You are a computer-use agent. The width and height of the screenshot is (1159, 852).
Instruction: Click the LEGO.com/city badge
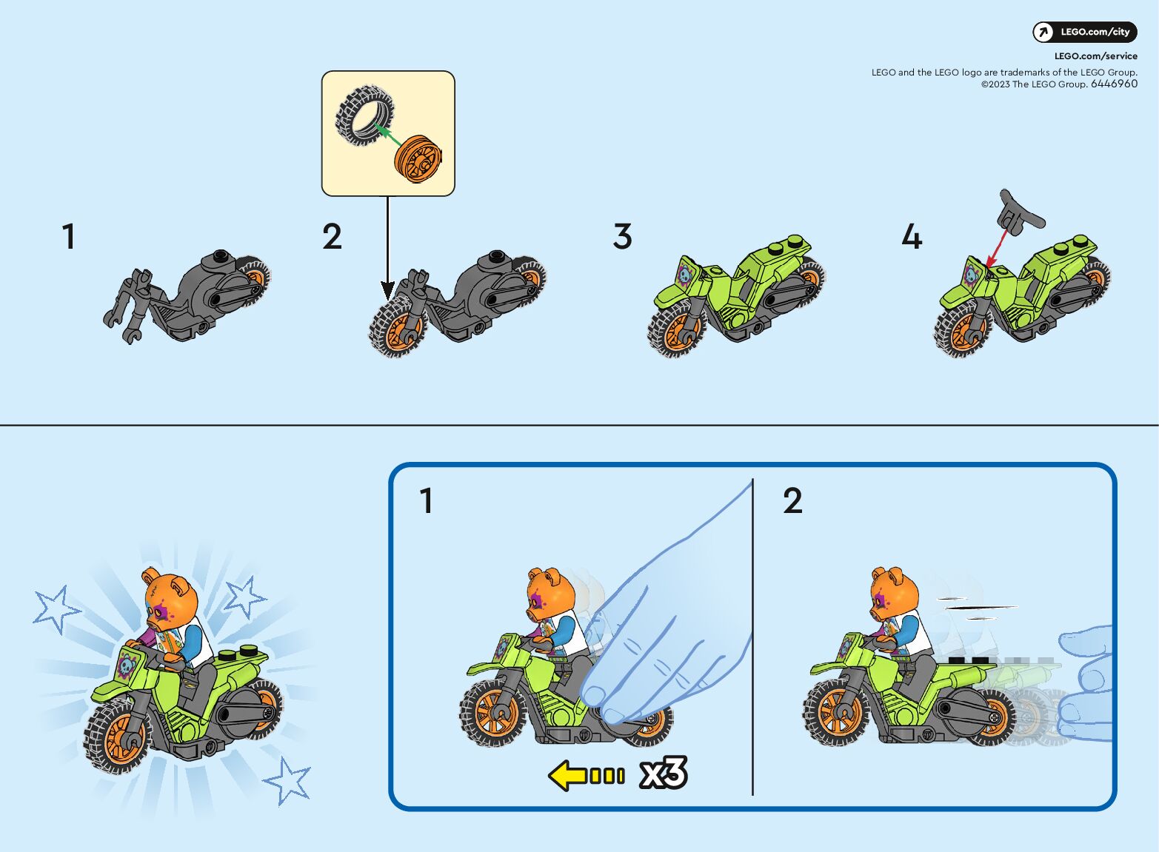point(1084,32)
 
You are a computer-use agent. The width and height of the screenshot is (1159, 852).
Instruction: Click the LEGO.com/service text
point(1096,56)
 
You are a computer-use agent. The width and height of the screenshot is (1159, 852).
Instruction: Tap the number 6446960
point(1114,84)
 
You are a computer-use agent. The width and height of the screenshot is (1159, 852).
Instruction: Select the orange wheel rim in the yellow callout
point(418,159)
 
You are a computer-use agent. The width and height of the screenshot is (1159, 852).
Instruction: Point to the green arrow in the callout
point(389,135)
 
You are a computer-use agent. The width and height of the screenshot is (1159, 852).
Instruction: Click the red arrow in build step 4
point(998,248)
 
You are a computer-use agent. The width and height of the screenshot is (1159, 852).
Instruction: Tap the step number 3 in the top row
point(622,236)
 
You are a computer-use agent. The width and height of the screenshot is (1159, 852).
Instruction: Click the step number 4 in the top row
point(912,236)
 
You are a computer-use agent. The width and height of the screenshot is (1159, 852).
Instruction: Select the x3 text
point(664,774)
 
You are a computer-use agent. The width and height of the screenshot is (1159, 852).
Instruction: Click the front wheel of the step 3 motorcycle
point(675,328)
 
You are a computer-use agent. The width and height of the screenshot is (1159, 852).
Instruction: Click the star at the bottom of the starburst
point(287,781)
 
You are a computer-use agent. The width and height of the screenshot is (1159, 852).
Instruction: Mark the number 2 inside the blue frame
point(792,500)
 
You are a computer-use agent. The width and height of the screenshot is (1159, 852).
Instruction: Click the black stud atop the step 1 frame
point(221,255)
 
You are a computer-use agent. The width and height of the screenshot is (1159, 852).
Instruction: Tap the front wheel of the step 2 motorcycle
point(398,328)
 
